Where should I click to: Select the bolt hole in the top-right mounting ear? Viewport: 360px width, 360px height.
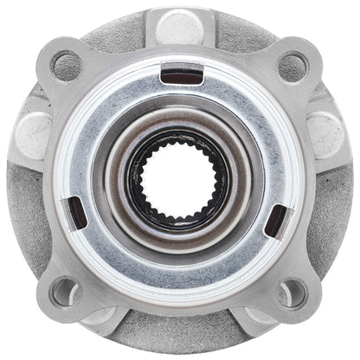[x=293, y=66]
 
